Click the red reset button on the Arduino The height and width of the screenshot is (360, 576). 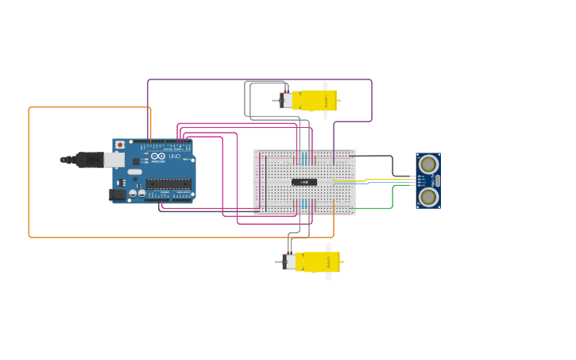pyautogui.click(x=120, y=145)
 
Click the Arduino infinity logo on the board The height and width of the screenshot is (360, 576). pyautogui.click(x=158, y=157)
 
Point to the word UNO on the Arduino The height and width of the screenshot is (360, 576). pyautogui.click(x=174, y=156)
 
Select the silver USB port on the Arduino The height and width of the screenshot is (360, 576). pyautogui.click(x=114, y=160)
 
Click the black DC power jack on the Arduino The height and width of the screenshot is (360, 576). pyautogui.click(x=118, y=194)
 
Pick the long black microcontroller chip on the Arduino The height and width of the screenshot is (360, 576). pyautogui.click(x=168, y=184)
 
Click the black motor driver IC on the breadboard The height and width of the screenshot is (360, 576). pyautogui.click(x=304, y=182)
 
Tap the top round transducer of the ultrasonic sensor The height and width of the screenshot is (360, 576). pyautogui.click(x=428, y=164)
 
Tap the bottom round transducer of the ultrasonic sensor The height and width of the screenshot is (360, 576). pyautogui.click(x=428, y=197)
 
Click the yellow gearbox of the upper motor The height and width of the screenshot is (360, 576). pyautogui.click(x=318, y=100)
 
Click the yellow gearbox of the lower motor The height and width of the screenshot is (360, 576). pyautogui.click(x=321, y=261)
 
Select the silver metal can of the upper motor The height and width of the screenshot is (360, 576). pyautogui.click(x=287, y=100)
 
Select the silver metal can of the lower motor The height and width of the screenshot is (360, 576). pyautogui.click(x=290, y=261)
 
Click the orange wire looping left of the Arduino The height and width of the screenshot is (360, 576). pyautogui.click(x=29, y=175)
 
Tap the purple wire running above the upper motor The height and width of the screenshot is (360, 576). pyautogui.click(x=262, y=79)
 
